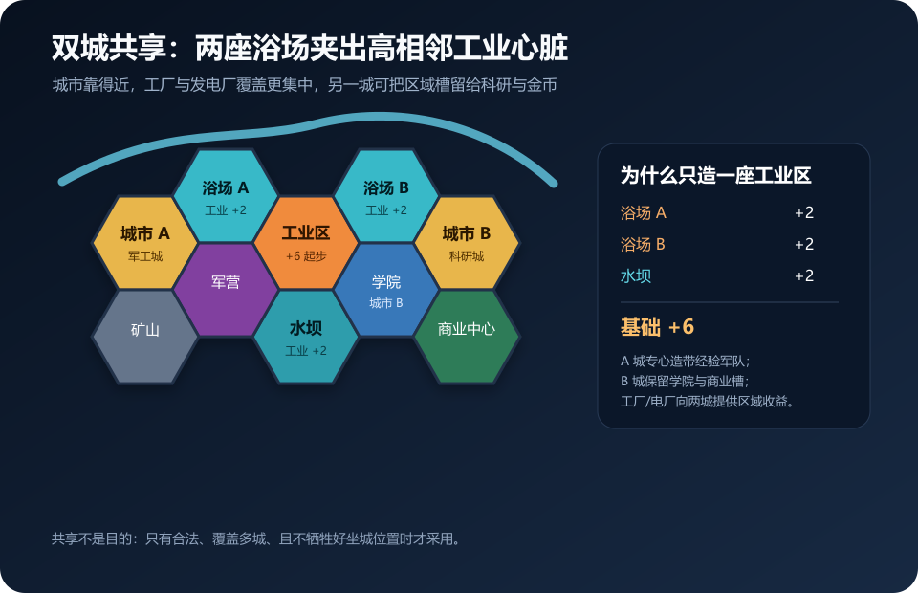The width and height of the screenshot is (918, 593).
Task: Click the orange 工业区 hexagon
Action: (x=306, y=242)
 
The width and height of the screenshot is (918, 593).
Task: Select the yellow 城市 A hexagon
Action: (x=145, y=242)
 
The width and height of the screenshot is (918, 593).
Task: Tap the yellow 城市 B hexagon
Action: (x=467, y=242)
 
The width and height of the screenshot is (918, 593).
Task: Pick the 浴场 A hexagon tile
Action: (x=226, y=196)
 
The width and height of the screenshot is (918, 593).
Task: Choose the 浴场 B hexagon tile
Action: (x=385, y=196)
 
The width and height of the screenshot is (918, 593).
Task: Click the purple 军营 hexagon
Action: (x=226, y=289)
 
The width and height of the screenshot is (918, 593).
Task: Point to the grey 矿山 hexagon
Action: (x=145, y=336)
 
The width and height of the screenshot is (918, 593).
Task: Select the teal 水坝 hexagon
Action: (x=306, y=336)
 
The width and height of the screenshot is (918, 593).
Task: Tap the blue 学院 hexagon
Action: (x=385, y=289)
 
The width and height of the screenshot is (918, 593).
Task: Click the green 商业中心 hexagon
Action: (x=467, y=336)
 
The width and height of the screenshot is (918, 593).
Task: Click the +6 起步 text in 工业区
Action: (x=306, y=256)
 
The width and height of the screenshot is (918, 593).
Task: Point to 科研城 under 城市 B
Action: (x=467, y=256)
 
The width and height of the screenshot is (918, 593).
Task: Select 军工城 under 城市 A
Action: (x=145, y=256)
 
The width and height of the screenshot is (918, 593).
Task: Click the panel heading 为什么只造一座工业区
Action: (x=715, y=176)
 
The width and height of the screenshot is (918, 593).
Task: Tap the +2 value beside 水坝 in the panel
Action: (x=804, y=275)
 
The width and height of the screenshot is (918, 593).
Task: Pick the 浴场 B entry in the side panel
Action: (x=643, y=244)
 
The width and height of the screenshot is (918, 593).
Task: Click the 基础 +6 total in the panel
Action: (x=657, y=327)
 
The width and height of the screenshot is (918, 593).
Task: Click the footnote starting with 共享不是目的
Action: (x=256, y=538)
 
